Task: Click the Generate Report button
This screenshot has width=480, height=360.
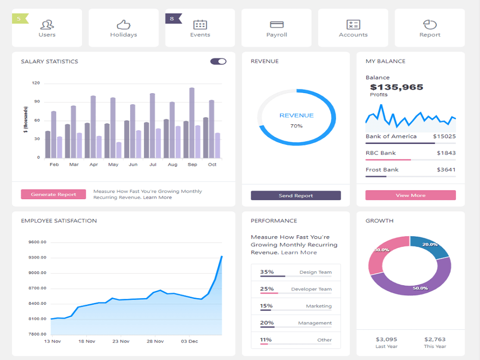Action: [x=53, y=194]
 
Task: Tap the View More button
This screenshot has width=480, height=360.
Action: [x=410, y=195]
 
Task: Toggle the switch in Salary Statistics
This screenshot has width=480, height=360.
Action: [x=218, y=61]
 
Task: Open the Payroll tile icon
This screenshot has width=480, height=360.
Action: [x=277, y=24]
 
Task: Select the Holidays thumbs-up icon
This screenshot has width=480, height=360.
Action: [x=124, y=24]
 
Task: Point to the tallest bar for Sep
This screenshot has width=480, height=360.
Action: [x=192, y=123]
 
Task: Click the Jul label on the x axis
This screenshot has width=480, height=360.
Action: [x=153, y=164]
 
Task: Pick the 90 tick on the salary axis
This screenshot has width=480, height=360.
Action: [x=37, y=102]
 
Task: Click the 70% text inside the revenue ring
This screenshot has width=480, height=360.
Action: [x=296, y=126]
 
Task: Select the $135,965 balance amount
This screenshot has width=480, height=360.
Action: [x=396, y=87]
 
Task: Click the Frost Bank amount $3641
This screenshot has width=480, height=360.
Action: [x=446, y=169]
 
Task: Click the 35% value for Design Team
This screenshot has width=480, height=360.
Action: [x=267, y=272]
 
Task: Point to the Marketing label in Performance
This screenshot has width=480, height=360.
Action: [x=319, y=306]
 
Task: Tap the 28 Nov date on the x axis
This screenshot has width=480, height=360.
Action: [x=155, y=341]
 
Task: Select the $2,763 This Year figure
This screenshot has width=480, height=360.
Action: [x=435, y=339]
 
